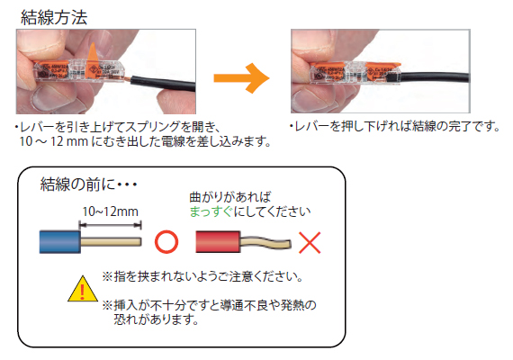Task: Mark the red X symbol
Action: (310, 243)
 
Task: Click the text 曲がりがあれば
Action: (229, 195)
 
